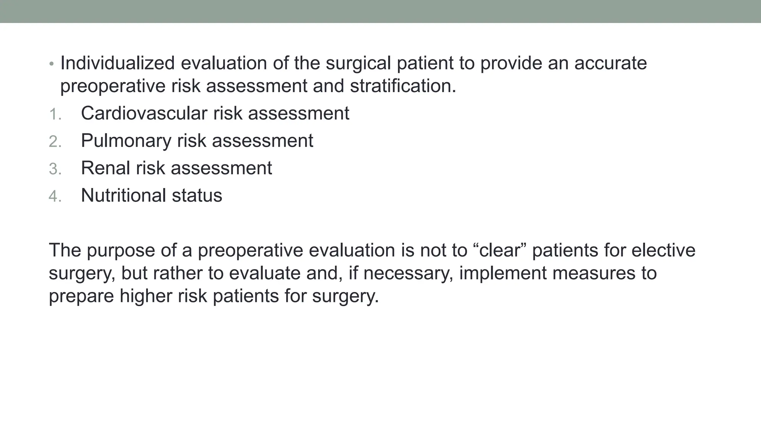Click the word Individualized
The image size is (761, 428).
[117, 63]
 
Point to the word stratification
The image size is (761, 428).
[403, 86]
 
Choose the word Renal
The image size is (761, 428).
[105, 168]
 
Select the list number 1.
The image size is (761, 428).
[54, 114]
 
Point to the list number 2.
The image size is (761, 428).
[55, 142]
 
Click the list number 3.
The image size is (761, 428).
[55, 169]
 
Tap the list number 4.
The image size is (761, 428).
[55, 197]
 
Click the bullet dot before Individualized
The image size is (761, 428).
[52, 64]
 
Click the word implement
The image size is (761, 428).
[503, 273]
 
